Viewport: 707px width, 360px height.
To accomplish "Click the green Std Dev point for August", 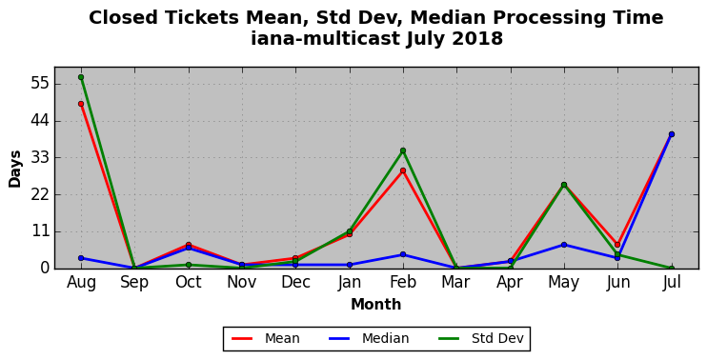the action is (81, 77).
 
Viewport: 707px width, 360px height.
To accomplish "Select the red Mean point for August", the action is (81, 104).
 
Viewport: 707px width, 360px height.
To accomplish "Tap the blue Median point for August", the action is (81, 258).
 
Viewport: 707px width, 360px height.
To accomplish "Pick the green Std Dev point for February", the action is (403, 150).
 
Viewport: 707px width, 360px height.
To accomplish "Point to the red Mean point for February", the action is (403, 170).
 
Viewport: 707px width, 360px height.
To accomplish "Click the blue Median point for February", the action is (403, 254).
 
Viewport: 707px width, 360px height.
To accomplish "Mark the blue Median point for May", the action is (564, 245).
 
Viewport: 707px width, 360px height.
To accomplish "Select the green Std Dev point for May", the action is (564, 185).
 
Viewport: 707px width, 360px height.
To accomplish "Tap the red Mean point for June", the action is (617, 245).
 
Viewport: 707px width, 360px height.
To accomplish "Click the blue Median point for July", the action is (672, 134).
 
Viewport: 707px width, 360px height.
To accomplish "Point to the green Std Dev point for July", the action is (672, 269).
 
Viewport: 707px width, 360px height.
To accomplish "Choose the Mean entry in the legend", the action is (266, 338).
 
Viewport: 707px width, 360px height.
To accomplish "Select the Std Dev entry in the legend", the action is (480, 338).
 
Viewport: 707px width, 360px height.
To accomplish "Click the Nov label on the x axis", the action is (242, 283).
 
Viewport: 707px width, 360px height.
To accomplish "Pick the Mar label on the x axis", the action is (456, 283).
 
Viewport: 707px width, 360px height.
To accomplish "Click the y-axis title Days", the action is (15, 169).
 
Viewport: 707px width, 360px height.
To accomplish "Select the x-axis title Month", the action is (376, 305).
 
